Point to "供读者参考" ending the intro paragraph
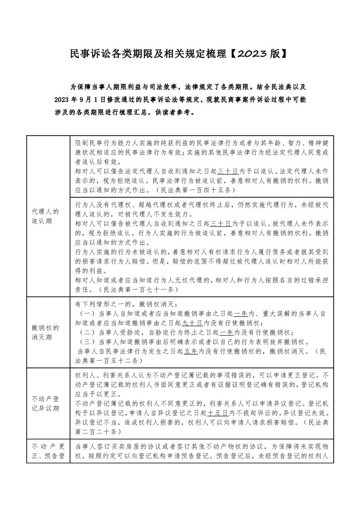point(181,112)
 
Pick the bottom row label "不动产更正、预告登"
point(47,451)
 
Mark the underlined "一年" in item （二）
point(226,332)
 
